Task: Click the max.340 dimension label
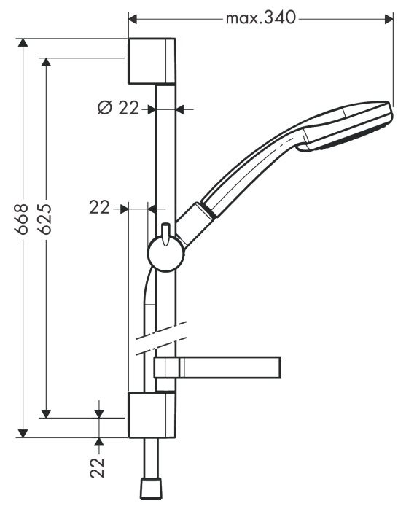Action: click(260, 17)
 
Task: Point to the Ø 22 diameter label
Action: click(117, 108)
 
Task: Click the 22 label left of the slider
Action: click(100, 208)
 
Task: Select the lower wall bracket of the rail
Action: click(152, 415)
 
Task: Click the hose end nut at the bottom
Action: click(151, 486)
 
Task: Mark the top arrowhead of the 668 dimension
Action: click(25, 43)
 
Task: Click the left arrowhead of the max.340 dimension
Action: click(133, 17)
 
